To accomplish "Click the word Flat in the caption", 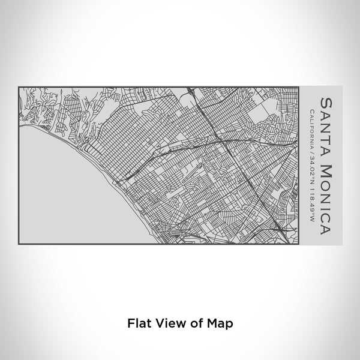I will pos(138,323).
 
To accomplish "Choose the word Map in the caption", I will pos(220,323).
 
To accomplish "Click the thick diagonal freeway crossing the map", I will pos(240,174).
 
